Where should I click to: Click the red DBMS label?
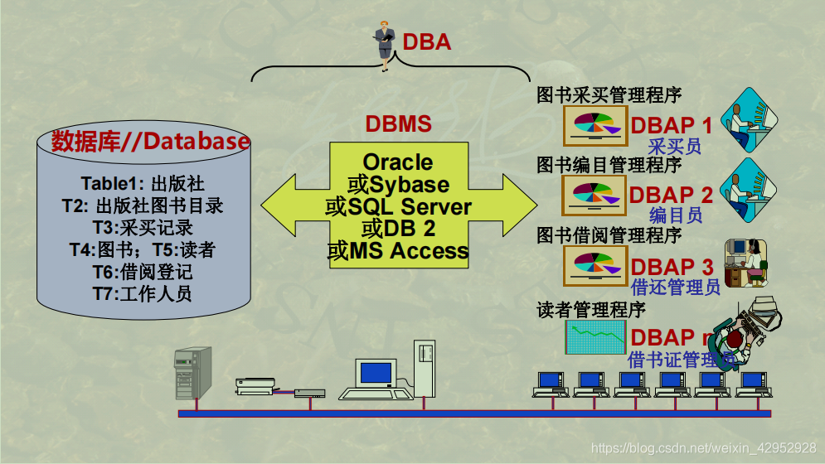click(398, 124)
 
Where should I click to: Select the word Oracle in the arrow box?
click(398, 162)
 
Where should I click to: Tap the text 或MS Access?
click(398, 250)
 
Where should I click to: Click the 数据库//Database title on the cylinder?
click(150, 142)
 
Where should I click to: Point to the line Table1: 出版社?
click(142, 183)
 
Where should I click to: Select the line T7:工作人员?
click(142, 292)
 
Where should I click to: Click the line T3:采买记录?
click(143, 227)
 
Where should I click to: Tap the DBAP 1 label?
click(671, 125)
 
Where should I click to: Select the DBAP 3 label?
click(671, 267)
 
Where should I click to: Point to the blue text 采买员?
click(674, 147)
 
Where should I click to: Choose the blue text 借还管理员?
click(676, 288)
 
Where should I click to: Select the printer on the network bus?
click(255, 384)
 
